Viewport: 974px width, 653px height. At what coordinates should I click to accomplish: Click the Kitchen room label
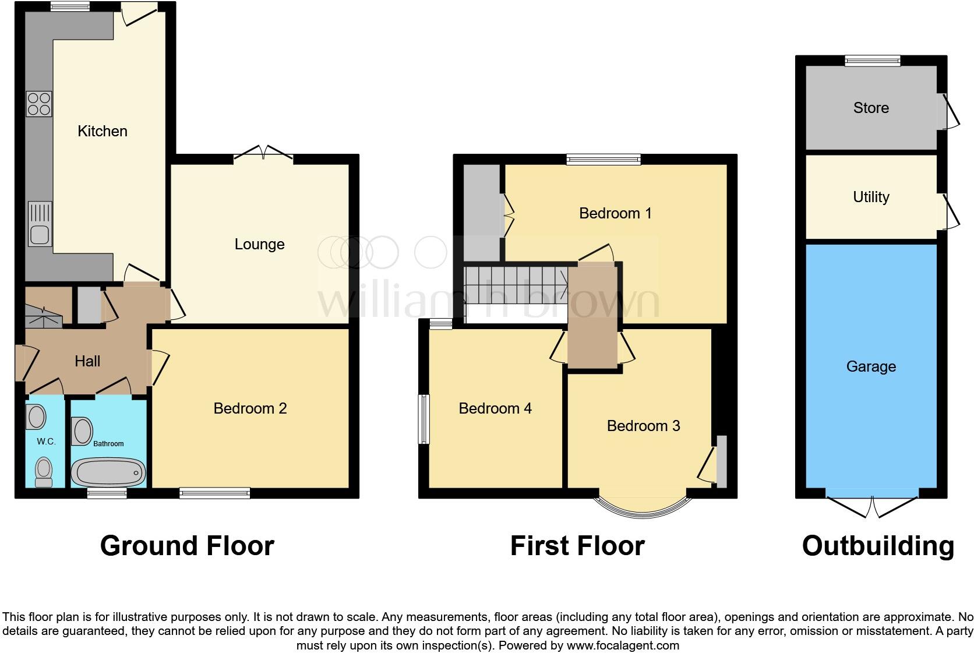point(103,131)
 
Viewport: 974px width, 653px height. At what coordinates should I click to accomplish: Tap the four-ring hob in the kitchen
point(39,104)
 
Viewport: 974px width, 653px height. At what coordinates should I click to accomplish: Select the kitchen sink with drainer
point(40,224)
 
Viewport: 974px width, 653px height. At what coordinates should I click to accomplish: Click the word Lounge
point(259,244)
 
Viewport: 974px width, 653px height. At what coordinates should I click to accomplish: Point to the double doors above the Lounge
point(263,152)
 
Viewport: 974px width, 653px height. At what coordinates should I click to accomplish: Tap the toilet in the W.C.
point(43,471)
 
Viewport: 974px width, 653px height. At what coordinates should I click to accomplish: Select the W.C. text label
point(46,442)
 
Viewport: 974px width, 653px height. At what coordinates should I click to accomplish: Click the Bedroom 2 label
point(250,408)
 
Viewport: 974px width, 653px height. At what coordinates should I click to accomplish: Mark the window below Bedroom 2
point(215,493)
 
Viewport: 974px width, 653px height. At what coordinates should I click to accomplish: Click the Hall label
point(87,361)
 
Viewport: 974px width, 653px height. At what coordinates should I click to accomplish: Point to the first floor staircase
point(516,285)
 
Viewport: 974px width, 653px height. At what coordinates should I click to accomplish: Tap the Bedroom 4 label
point(495,408)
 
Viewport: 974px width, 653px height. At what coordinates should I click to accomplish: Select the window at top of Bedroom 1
point(604,159)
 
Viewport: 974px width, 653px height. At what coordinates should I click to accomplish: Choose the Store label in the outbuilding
point(871,108)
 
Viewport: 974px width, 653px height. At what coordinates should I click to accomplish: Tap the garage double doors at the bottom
point(872,504)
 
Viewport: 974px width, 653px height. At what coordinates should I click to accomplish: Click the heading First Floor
point(577,546)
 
